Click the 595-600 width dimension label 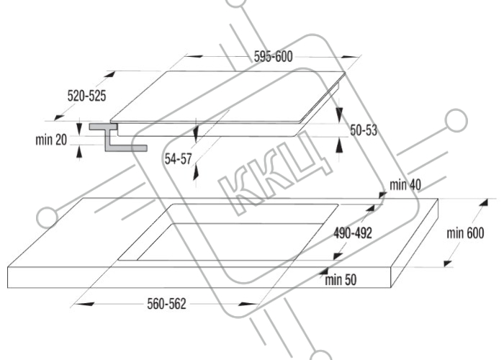(x=273, y=57)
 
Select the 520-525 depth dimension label (x=86, y=96)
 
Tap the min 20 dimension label (x=51, y=140)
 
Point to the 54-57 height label (x=178, y=159)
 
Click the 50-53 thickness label (x=364, y=130)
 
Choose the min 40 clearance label (x=405, y=185)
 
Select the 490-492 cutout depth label (x=353, y=233)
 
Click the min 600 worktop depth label (x=465, y=233)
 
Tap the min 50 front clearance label (x=341, y=279)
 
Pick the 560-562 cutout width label (x=166, y=304)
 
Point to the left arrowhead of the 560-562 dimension (x=84, y=304)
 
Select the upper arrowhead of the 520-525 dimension (x=109, y=75)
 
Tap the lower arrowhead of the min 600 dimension (x=448, y=264)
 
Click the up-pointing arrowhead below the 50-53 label (x=339, y=146)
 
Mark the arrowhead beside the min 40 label (x=382, y=194)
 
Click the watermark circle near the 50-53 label (x=456, y=120)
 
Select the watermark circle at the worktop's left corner (x=48, y=217)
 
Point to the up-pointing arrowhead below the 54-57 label (x=196, y=173)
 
